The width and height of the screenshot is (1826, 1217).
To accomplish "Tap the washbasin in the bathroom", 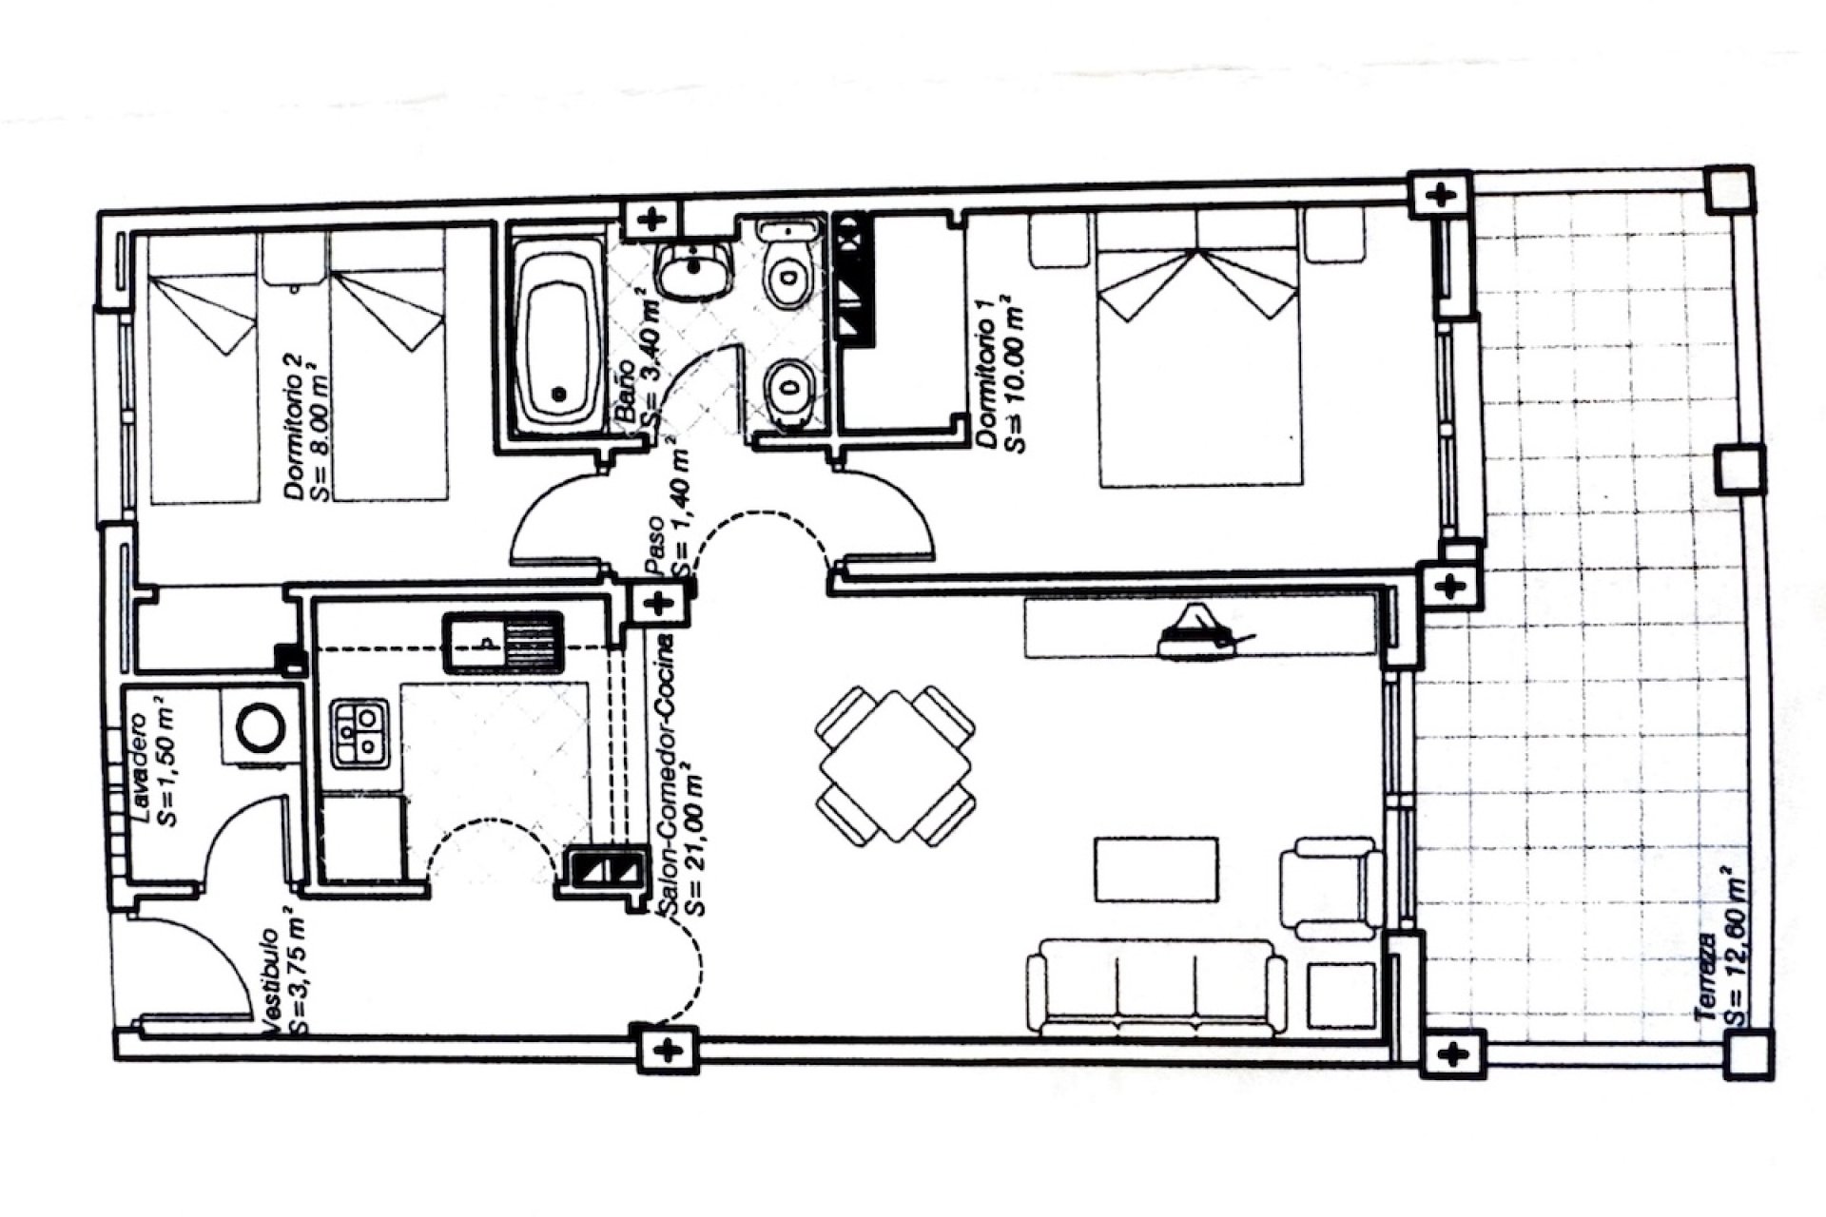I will [695, 271].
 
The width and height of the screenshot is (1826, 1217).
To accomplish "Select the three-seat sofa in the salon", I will [1156, 987].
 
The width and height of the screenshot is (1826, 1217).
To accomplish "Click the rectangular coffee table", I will [1156, 869].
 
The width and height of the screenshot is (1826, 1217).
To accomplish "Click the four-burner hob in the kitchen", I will [359, 733].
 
